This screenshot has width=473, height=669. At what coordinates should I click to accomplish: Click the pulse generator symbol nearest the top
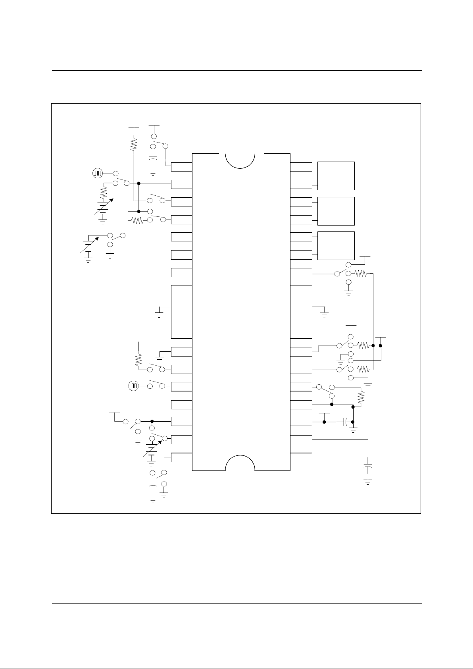pos(98,174)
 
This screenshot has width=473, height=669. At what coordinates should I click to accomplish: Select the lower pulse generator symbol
pos(134,386)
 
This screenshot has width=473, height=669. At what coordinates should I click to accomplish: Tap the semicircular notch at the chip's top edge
pos(240,160)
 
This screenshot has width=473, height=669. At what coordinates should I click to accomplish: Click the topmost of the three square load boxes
pos(336,175)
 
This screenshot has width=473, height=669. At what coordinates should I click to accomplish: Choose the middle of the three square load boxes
pos(336,211)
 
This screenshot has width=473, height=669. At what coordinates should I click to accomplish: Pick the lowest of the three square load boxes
pos(336,245)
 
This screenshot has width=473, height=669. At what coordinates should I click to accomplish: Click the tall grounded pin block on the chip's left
pos(182,311)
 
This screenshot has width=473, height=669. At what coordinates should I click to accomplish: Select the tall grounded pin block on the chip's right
pos(301,311)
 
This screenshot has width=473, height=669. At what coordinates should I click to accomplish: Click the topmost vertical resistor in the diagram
pos(134,145)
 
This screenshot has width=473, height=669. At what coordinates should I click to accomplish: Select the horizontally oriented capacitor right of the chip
pos(346,422)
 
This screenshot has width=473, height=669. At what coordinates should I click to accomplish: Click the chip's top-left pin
pos(182,167)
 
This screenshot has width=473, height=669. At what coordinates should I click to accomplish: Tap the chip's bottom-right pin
pos(301,457)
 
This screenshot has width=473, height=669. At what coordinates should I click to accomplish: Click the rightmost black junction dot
pos(381,346)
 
